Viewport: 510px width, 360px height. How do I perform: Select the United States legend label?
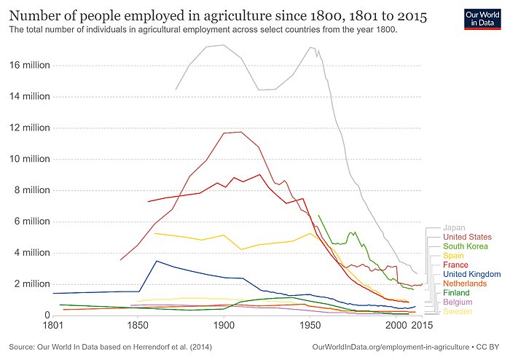(x=467, y=237)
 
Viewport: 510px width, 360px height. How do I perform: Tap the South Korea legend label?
(x=466, y=246)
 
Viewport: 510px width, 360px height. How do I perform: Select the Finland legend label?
(x=457, y=292)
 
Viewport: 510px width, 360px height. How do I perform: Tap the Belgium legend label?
(x=458, y=302)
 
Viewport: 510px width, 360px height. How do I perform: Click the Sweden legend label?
(x=458, y=311)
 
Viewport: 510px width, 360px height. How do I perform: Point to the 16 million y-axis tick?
(x=29, y=65)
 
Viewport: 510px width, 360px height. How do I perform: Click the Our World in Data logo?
(x=482, y=20)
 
